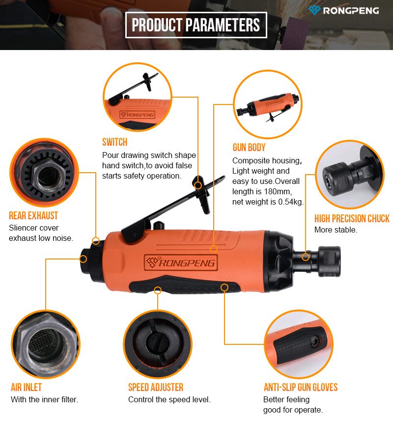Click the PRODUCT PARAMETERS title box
(x=196, y=25)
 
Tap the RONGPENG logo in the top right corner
(x=343, y=10)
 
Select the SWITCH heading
(x=114, y=142)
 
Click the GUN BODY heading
(x=249, y=148)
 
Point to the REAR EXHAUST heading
(x=33, y=216)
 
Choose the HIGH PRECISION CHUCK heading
(x=352, y=218)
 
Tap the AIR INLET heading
(x=26, y=388)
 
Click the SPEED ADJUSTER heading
(x=156, y=388)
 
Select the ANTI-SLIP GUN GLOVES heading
(x=301, y=388)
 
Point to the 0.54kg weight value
(x=290, y=202)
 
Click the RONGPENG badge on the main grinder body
(x=181, y=263)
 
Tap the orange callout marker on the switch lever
(x=198, y=185)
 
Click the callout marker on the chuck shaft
(x=306, y=257)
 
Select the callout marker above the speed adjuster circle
(x=158, y=290)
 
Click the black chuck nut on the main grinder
(x=329, y=261)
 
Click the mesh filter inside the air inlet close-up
(x=44, y=342)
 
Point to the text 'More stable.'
(x=336, y=230)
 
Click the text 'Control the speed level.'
(x=169, y=400)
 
